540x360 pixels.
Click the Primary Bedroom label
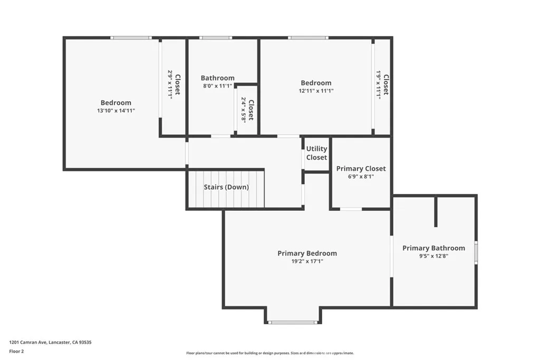tap(307, 254)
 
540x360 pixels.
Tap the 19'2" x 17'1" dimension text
tap(307, 261)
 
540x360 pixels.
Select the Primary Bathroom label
tap(433, 248)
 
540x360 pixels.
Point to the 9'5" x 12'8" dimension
tap(433, 256)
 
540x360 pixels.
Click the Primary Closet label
tap(361, 169)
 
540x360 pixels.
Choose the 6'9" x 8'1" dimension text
tap(361, 177)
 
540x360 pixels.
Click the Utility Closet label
tap(316, 153)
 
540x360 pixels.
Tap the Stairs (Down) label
tap(226, 187)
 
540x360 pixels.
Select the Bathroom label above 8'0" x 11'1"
tap(217, 78)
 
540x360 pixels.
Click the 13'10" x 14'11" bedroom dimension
tap(115, 111)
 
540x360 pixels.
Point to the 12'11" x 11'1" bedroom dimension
tap(316, 91)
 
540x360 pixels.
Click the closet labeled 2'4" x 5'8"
tap(247, 110)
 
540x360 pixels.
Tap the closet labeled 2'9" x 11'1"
tap(174, 84)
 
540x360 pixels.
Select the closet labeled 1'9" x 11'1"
tap(382, 84)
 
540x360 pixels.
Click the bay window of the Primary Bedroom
tap(293, 322)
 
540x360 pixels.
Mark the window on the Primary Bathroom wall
tap(476, 252)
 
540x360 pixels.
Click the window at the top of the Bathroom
tap(215, 38)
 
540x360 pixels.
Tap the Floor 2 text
tap(17, 351)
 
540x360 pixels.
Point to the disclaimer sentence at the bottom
tap(269, 353)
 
